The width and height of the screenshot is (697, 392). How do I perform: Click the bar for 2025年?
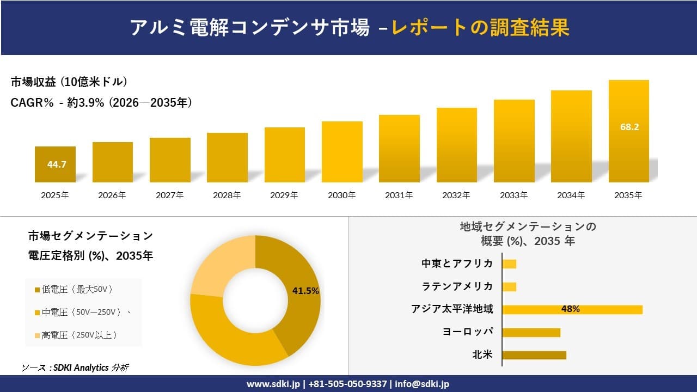point(55,164)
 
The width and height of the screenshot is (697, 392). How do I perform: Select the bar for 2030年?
point(342,152)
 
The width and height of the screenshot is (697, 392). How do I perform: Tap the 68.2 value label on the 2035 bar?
point(629,127)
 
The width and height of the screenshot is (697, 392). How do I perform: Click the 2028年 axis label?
point(227,195)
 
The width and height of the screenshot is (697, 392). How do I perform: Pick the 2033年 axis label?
point(514,195)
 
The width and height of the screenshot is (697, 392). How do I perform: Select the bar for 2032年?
point(456,145)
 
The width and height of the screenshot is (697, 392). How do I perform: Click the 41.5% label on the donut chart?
point(305,291)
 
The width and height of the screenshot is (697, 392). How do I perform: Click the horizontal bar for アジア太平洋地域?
point(572,309)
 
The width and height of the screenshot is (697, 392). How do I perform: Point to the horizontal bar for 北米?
point(534,355)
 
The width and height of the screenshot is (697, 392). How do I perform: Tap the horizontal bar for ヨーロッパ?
point(531,332)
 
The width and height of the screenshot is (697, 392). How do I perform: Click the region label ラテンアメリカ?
point(457,286)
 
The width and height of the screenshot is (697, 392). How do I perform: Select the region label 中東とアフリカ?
point(457,264)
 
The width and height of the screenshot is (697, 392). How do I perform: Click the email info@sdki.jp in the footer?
point(422,384)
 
